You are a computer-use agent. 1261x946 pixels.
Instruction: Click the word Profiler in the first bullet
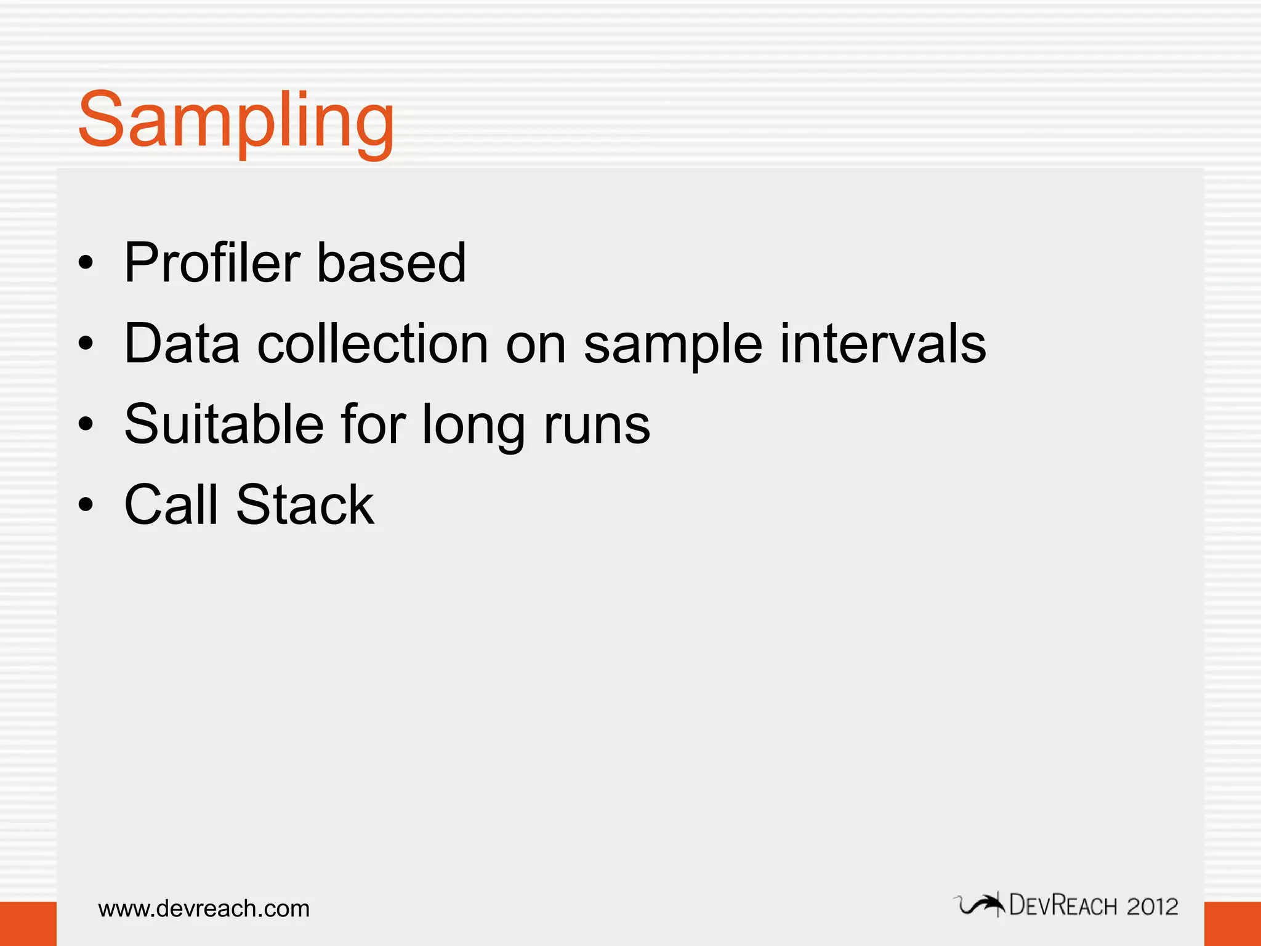tap(211, 263)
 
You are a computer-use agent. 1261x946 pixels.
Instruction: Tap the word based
tap(391, 263)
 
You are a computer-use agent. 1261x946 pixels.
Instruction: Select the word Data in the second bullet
tap(182, 344)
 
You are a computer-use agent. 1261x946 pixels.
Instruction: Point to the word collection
tap(373, 344)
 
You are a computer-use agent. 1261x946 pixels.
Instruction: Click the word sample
tap(673, 345)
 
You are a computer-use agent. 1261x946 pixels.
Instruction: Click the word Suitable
tap(224, 424)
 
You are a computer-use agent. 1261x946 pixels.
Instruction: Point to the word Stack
tap(305, 505)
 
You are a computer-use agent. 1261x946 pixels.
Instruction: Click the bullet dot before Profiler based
tap(86, 264)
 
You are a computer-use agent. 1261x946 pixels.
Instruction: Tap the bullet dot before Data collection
tap(86, 344)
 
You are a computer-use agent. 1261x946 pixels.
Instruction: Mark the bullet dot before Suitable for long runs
tap(86, 424)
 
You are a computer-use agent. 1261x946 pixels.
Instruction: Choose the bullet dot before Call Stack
tap(86, 505)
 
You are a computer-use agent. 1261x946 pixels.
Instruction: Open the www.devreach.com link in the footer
tap(204, 908)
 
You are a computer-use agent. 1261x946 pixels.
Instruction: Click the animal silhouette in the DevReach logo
tap(980, 905)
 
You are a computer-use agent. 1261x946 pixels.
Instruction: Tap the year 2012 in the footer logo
tap(1152, 907)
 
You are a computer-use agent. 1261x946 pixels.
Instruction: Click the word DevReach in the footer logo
tap(1063, 906)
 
